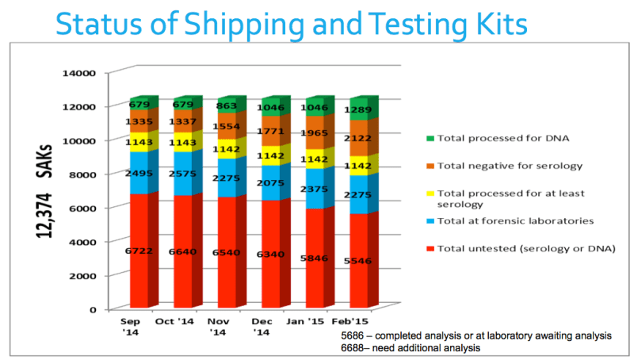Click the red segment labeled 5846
[315, 258]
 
